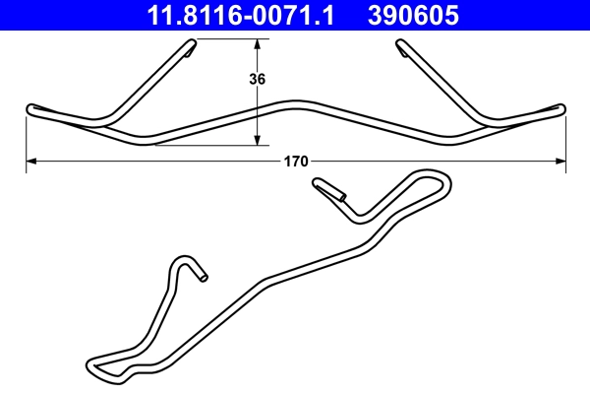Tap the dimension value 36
(259, 80)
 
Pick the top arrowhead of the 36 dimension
(258, 44)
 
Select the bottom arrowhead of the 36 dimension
(258, 140)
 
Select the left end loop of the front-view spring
(31, 108)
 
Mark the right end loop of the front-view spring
(560, 108)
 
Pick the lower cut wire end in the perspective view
(204, 278)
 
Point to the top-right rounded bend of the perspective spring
(442, 179)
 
